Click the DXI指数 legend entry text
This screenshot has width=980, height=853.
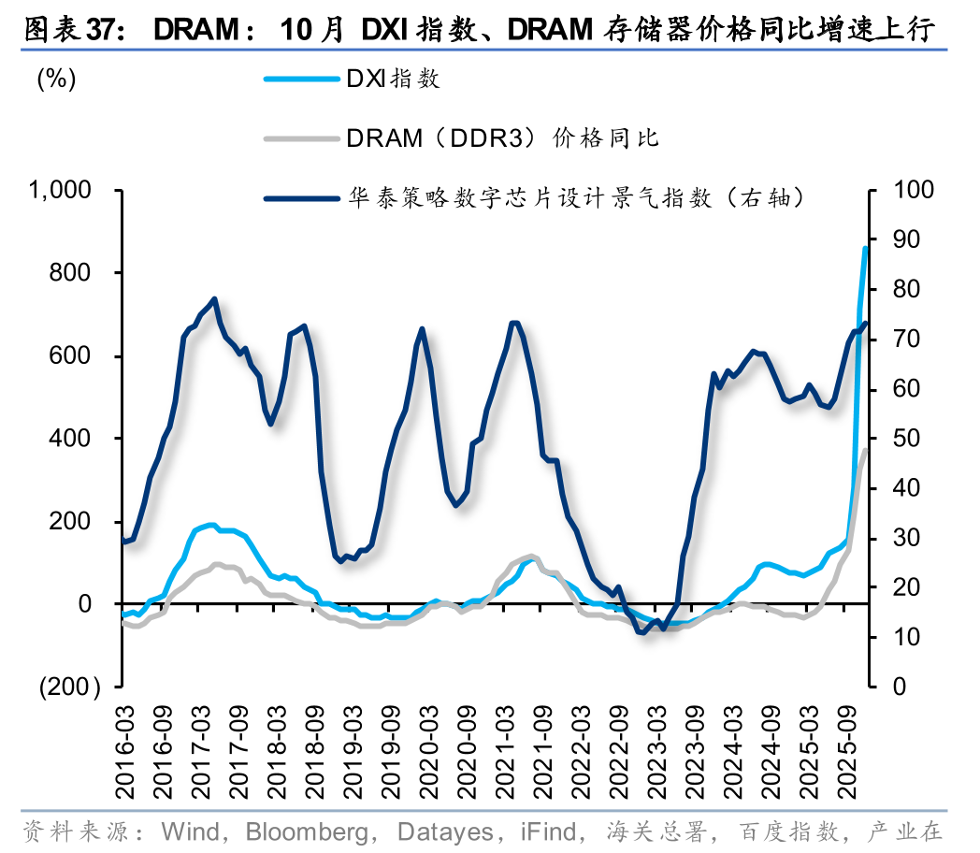tap(393, 79)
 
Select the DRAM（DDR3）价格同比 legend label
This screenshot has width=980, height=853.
tap(502, 138)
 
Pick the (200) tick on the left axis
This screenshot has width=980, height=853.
tap(69, 687)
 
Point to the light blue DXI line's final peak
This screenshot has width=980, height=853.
tap(865, 248)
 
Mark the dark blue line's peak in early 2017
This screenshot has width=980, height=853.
tap(215, 299)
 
